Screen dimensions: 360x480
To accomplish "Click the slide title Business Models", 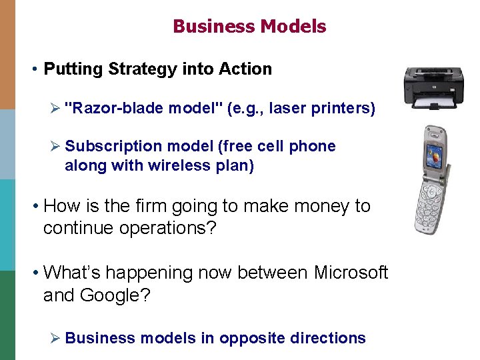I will pyautogui.click(x=249, y=26).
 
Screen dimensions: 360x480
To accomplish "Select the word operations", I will pyautogui.click(x=161, y=228).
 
